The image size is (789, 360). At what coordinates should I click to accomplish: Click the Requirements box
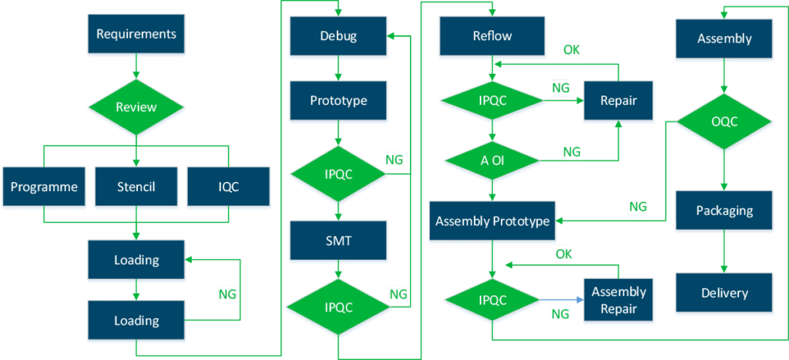tap(136, 34)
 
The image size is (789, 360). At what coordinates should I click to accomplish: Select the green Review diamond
tap(136, 107)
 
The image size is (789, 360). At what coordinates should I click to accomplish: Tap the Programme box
tap(44, 187)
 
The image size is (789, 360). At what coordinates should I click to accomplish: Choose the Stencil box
tap(136, 187)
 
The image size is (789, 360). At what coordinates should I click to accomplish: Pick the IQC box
tap(229, 187)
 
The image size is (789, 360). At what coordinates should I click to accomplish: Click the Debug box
tap(338, 35)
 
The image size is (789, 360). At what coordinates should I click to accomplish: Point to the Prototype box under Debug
tap(338, 101)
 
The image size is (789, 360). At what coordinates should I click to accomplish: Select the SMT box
tap(338, 241)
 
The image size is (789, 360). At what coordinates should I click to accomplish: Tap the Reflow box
tap(492, 35)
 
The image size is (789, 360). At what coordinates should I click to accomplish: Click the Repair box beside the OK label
tap(619, 101)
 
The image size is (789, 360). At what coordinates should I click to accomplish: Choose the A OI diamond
tap(492, 160)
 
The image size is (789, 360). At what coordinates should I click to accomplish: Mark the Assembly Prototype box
tap(492, 221)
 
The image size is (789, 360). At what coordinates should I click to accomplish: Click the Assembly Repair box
tap(619, 300)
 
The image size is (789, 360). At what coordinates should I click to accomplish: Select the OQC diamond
tap(724, 122)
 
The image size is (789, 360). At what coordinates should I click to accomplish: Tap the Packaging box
tap(724, 210)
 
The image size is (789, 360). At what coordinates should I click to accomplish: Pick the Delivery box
tap(724, 293)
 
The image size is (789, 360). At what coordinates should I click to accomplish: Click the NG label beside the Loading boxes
tap(227, 293)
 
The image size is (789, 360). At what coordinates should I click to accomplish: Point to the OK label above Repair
tap(571, 51)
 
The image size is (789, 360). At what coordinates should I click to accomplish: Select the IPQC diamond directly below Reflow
tap(492, 101)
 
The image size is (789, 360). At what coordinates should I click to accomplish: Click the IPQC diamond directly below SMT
tap(338, 307)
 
